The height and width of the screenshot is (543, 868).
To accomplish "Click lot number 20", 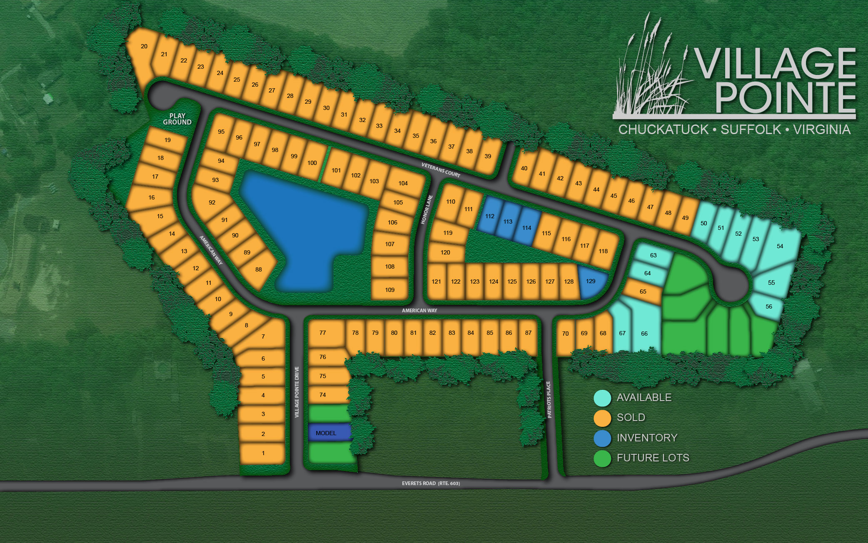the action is tap(144, 47).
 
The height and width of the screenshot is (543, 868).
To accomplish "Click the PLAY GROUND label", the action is tap(177, 119).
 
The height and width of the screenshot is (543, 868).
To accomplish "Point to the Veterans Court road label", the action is tap(441, 170).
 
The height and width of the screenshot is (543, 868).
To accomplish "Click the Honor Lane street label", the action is tap(427, 209).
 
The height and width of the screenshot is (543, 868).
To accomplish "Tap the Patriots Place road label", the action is tap(549, 399).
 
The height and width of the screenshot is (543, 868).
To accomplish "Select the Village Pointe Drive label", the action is tap(297, 392).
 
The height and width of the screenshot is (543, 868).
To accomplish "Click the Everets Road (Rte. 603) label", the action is tap(431, 483).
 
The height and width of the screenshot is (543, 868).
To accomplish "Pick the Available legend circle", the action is tap(602, 398).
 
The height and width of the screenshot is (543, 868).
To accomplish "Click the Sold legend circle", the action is tap(602, 418).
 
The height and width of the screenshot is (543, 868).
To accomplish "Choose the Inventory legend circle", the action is tap(602, 438).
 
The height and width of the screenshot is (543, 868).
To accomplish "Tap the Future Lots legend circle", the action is tap(602, 458).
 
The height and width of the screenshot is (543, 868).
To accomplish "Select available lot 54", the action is tap(780, 247).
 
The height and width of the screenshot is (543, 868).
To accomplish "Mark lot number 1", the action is tap(263, 453).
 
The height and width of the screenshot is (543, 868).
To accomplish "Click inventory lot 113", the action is tap(508, 222).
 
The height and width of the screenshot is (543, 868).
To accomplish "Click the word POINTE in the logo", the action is tap(785, 97).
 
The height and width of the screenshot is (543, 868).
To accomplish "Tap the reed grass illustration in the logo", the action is tap(650, 75).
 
